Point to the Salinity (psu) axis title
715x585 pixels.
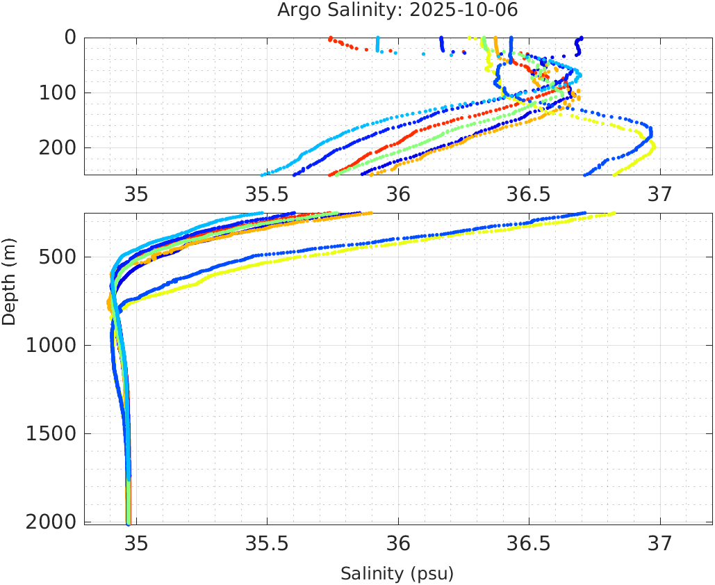pyautogui.click(x=397, y=574)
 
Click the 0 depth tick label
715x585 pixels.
pyautogui.click(x=70, y=38)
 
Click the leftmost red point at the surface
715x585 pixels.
pyautogui.click(x=330, y=38)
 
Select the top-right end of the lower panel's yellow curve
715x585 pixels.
pyautogui.click(x=614, y=214)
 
